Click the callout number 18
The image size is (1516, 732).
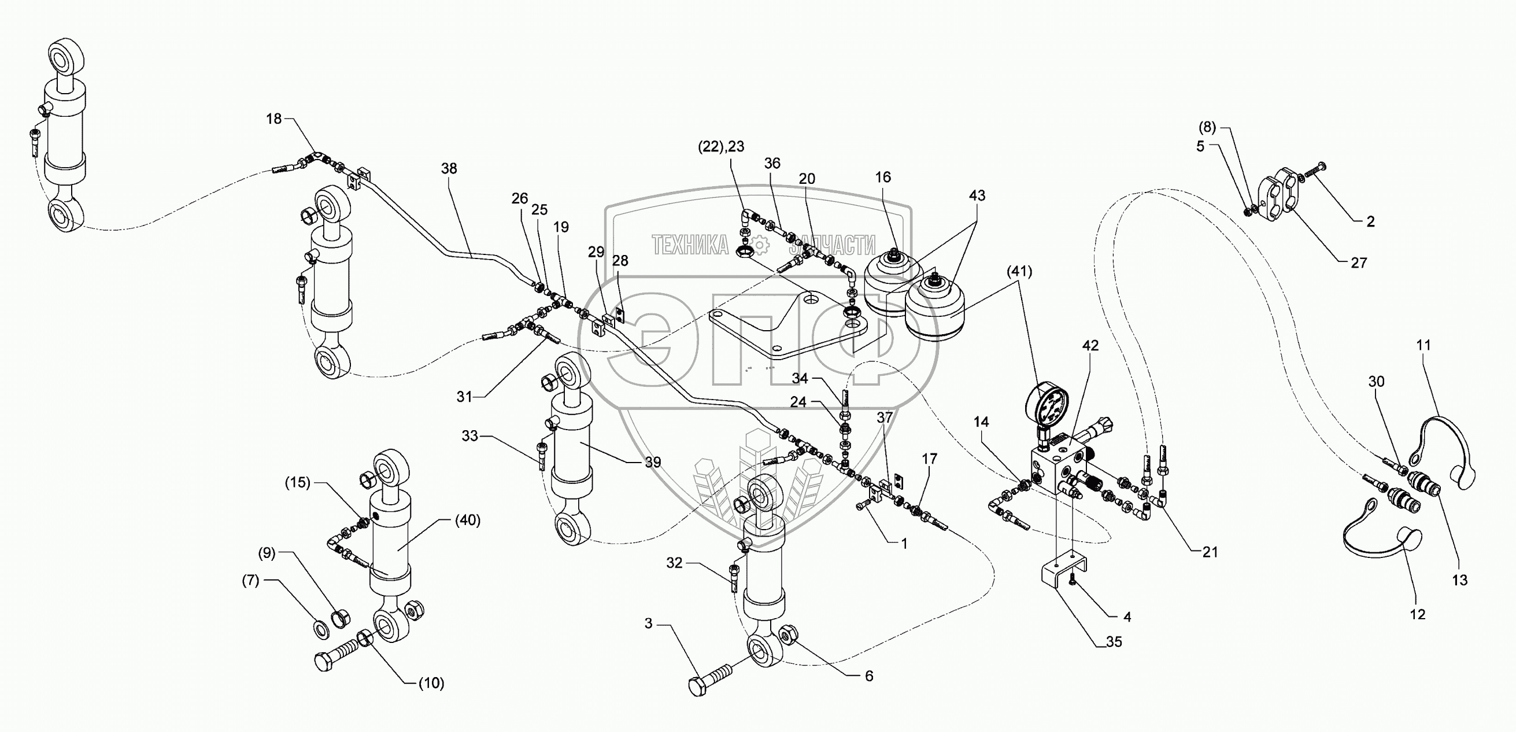pos(273,119)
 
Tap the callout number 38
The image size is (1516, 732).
pos(449,169)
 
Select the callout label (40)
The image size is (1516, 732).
pos(468,521)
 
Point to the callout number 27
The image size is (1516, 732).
pos(1359,263)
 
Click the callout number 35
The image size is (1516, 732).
pos(1114,642)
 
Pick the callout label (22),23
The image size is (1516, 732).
pos(721,146)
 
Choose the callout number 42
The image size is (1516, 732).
pos(1090,346)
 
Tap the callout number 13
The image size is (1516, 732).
pos(1460,580)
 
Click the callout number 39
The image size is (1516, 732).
pos(653,463)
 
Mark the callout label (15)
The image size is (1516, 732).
pos(297,483)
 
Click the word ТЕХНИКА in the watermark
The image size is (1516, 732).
pos(690,245)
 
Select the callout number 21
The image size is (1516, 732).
pos(1210,552)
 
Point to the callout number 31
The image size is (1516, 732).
pos(464,397)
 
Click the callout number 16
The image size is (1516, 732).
pos(883,178)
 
